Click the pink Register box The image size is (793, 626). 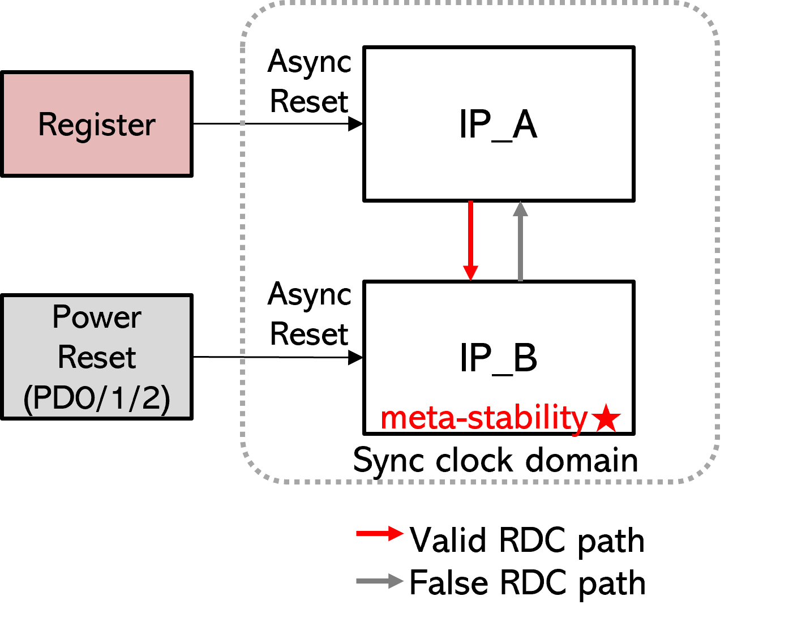click(97, 124)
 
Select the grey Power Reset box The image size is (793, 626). click(97, 357)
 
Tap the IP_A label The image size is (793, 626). click(498, 125)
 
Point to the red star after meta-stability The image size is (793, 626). click(606, 418)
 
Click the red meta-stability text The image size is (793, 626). click(484, 418)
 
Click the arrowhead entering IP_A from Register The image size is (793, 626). click(355, 124)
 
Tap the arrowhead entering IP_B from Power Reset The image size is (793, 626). click(355, 357)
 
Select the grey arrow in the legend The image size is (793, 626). click(380, 581)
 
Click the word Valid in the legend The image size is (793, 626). click(448, 540)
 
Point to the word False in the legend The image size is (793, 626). click(449, 582)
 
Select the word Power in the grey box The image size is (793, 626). click(97, 317)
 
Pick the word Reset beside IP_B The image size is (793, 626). click(309, 334)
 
